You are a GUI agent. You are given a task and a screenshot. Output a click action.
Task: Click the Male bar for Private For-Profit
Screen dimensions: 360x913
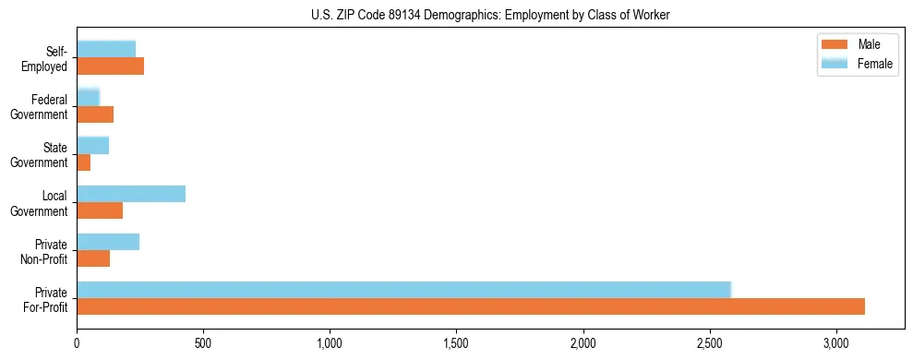click(471, 306)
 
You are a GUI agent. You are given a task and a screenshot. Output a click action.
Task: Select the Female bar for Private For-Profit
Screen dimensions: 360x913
click(403, 289)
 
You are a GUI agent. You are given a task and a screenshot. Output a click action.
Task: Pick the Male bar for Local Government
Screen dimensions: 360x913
click(100, 210)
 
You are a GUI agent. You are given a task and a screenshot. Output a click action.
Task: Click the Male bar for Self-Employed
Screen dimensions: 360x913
click(110, 66)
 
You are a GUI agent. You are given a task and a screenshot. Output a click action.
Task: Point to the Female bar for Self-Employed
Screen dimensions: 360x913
click(106, 49)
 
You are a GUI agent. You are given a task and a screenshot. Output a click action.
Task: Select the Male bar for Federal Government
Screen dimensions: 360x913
click(95, 114)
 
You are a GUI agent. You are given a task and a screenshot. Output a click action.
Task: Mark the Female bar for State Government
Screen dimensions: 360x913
click(92, 145)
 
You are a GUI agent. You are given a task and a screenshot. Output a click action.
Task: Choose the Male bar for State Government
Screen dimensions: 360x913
click(83, 162)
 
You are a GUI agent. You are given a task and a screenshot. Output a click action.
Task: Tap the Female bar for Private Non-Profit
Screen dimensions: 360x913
click(108, 241)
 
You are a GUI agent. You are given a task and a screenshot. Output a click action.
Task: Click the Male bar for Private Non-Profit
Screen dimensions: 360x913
click(93, 258)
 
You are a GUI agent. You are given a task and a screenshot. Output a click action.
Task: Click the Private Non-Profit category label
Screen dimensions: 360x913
click(46, 251)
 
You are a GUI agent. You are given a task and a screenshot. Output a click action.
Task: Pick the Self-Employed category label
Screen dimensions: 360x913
click(46, 58)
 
